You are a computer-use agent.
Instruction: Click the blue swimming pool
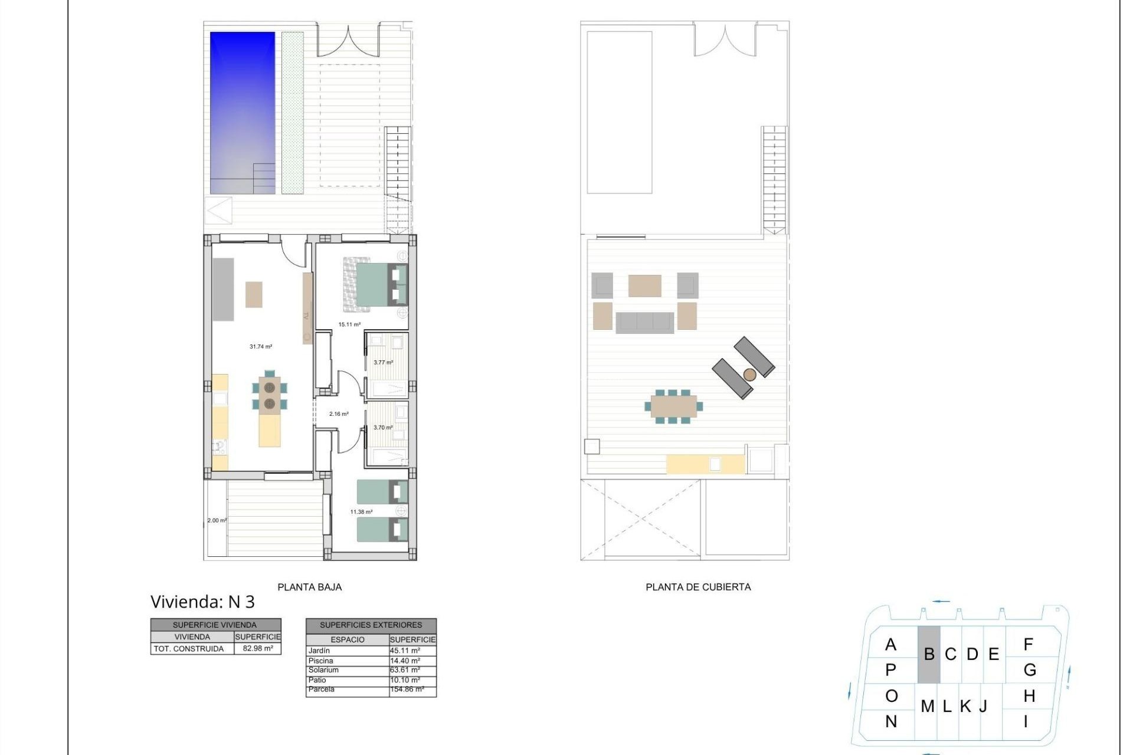pos(243,112)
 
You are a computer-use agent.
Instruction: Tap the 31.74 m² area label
pos(261,347)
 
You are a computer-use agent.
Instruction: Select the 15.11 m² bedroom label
pos(349,324)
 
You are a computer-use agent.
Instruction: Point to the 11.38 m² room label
pos(361,512)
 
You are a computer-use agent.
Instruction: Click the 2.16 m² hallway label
pos(339,414)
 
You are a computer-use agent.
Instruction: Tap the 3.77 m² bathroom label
pos(383,363)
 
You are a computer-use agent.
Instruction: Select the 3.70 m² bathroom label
pos(383,428)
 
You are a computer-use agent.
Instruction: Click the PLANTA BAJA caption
pos(309,587)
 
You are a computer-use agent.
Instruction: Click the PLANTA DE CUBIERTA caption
pos(698,587)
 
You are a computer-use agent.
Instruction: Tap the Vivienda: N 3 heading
pos(202,602)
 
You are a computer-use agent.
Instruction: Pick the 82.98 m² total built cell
pos(258,649)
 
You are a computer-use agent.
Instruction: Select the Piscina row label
pos(320,661)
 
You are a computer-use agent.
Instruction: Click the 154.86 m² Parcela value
pos(407,689)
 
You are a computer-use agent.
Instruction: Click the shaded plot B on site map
pos(929,654)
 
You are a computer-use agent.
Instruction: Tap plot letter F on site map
pos(1028,645)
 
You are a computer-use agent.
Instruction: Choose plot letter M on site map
pos(927,706)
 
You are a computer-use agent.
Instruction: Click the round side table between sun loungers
pos(749,375)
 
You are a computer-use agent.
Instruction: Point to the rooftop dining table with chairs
pos(673,406)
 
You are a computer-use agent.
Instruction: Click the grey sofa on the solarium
pos(644,323)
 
